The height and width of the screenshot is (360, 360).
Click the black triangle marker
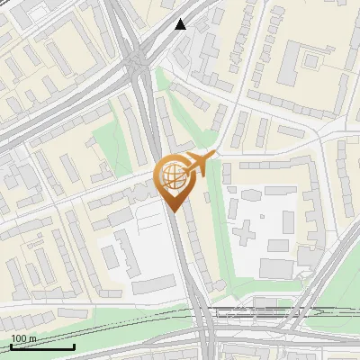[181, 24]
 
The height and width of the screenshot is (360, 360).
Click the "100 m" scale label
[23, 338]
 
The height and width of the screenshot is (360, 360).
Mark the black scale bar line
[42, 346]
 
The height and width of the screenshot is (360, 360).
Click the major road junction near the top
[137, 63]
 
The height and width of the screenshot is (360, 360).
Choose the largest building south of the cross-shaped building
[276, 267]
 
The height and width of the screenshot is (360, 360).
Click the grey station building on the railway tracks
[236, 311]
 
